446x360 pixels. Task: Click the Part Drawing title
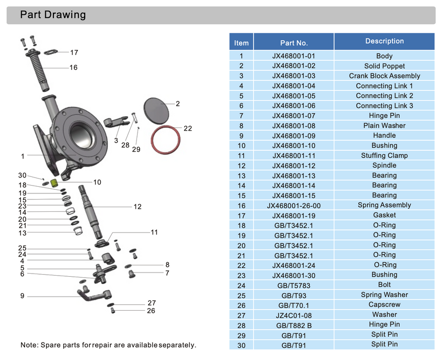[x=53, y=15]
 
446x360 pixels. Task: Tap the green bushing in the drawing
[x=55, y=182]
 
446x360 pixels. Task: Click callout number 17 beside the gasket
[x=74, y=52]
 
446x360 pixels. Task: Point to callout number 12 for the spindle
[x=137, y=207]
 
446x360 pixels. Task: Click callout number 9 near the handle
[x=22, y=296]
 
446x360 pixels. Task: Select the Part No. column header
[x=294, y=43]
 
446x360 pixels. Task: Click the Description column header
[x=384, y=41]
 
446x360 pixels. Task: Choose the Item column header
[x=241, y=43]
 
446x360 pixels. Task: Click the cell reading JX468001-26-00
[x=294, y=205]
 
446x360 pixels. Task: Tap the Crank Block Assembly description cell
[x=384, y=76]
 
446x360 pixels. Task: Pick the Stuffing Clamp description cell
[x=384, y=155]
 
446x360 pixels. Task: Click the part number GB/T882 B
[x=294, y=325]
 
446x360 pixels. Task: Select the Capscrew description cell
[x=384, y=305]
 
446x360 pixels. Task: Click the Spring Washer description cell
[x=384, y=295]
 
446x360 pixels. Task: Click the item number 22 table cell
[x=241, y=265]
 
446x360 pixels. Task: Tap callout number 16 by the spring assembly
[x=73, y=67]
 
